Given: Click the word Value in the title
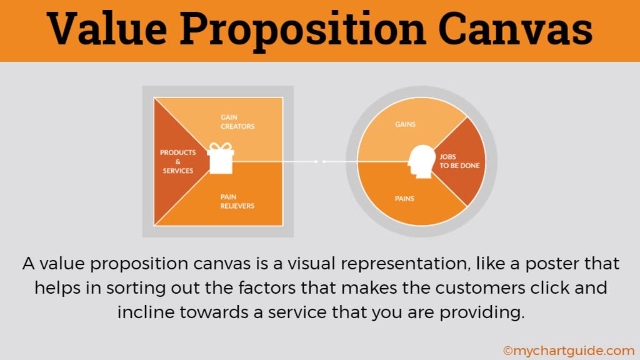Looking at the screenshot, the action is [106, 29].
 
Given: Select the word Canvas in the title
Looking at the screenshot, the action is [516, 29].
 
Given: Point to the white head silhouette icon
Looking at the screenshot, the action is [422, 162].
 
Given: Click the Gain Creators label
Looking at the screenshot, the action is [237, 122].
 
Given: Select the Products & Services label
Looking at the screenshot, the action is [178, 162].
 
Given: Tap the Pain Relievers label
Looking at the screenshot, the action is [237, 201].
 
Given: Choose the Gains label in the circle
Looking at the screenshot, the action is [405, 124].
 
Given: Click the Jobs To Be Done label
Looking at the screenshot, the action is [459, 161].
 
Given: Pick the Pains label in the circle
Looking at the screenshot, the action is [404, 199].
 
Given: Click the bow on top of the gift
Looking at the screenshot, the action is [221, 146].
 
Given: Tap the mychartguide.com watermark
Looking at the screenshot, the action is [569, 351].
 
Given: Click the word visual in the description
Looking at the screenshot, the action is [312, 263].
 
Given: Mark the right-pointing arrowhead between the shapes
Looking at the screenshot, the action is [316, 162].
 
